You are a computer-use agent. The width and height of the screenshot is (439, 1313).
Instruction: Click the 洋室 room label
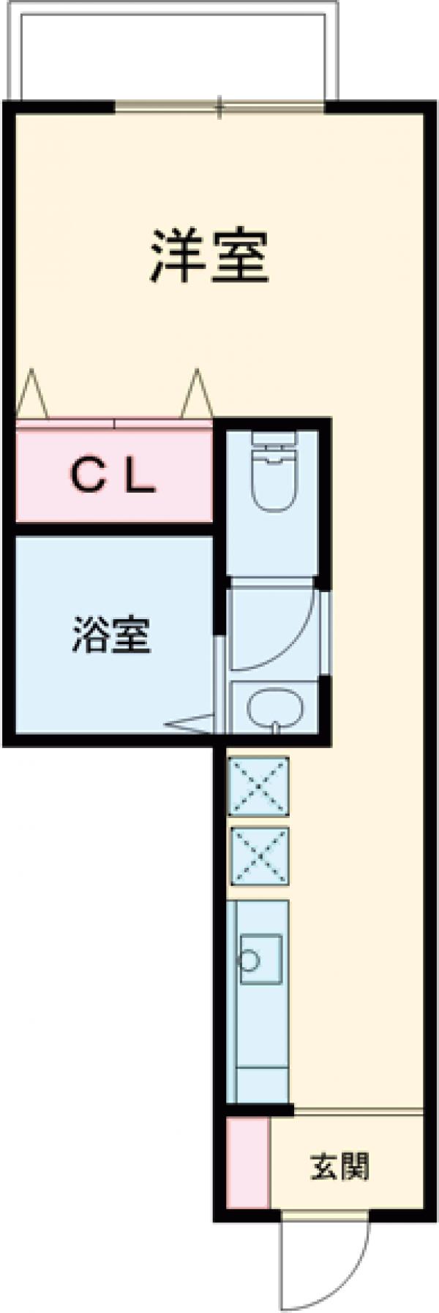pos(210,257)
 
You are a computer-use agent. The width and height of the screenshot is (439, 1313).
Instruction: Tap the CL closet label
pos(113,477)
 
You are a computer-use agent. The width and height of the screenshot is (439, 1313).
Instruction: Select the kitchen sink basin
pos(260,958)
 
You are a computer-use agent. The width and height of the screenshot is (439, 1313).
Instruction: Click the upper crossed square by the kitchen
pos(259,786)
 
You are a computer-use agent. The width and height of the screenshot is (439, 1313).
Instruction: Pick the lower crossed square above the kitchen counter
pos(259,856)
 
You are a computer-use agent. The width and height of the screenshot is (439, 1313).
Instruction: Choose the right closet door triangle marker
pos(196,396)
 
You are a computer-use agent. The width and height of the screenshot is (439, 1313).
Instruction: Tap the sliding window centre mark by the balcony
pos(219,107)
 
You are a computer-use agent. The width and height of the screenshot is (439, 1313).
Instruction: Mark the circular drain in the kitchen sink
pos(249,960)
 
